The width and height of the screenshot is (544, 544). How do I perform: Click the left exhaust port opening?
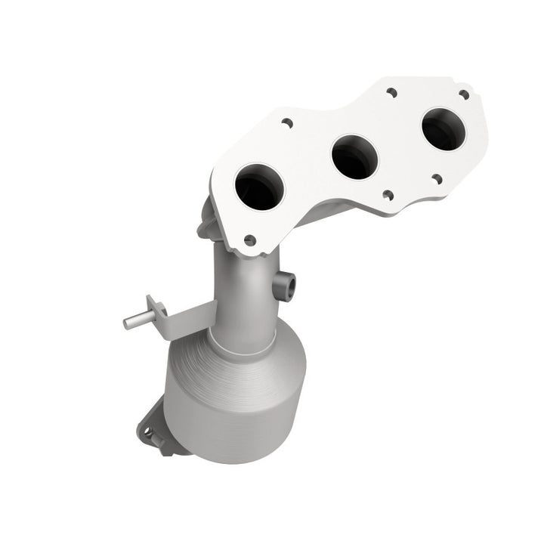pyautogui.click(x=259, y=187)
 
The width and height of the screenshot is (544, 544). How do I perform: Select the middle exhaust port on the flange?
pyautogui.click(x=354, y=156)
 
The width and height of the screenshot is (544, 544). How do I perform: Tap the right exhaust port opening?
pyautogui.click(x=444, y=129)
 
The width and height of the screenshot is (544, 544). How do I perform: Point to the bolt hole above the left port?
pyautogui.click(x=286, y=122)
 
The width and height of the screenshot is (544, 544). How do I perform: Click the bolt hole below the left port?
pyautogui.click(x=249, y=240)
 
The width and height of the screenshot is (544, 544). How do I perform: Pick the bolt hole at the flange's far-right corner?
pyautogui.click(x=464, y=94)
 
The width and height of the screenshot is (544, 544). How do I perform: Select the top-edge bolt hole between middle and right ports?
pyautogui.click(x=391, y=92)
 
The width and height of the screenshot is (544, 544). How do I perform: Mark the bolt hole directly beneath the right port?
pyautogui.click(x=437, y=179)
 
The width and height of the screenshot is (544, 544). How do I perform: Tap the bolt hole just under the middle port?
pyautogui.click(x=388, y=195)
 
